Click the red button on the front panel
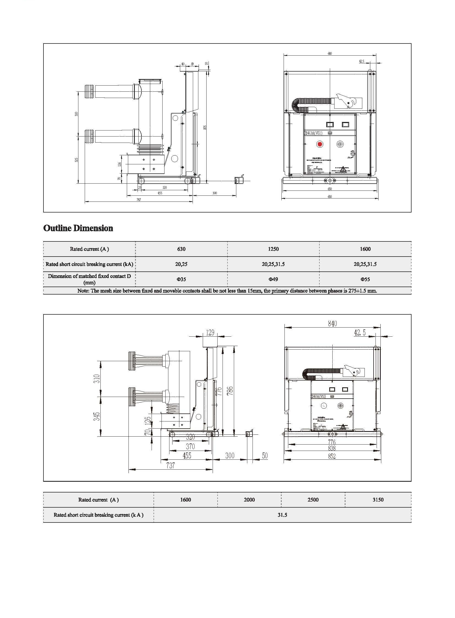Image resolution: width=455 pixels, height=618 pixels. pyautogui.click(x=320, y=144)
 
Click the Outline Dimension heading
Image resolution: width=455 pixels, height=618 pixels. pyautogui.click(x=78, y=228)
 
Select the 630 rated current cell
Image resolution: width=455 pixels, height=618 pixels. pyautogui.click(x=181, y=249)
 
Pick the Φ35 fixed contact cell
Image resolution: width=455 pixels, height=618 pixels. pyautogui.click(x=181, y=279)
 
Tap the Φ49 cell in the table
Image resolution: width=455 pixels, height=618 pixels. pyautogui.click(x=273, y=279)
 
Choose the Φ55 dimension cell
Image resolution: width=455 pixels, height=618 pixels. pyautogui.click(x=365, y=279)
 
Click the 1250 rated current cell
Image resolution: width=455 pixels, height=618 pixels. pyautogui.click(x=273, y=249)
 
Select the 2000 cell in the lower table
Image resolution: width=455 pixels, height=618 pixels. pyautogui.click(x=249, y=500)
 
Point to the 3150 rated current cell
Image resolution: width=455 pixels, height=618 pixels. pyautogui.click(x=378, y=500)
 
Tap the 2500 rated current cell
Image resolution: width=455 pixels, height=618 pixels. pyautogui.click(x=313, y=500)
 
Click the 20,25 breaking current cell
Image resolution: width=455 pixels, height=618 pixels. pyautogui.click(x=181, y=264)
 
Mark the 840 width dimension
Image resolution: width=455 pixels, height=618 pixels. pyautogui.click(x=332, y=324)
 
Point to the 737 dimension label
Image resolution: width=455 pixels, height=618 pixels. pyautogui.click(x=171, y=465)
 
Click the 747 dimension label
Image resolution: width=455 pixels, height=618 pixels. pyautogui.click(x=139, y=200)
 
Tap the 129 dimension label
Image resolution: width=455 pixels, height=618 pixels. pyautogui.click(x=210, y=333)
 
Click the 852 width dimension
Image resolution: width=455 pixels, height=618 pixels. pyautogui.click(x=332, y=456)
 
